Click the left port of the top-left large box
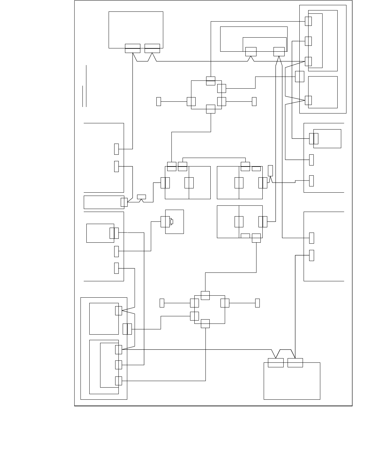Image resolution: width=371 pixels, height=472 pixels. click(132, 48)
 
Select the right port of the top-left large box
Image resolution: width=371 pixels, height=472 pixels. click(152, 48)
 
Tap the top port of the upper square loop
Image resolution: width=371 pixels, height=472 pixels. click(211, 81)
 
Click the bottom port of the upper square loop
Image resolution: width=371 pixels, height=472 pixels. click(211, 109)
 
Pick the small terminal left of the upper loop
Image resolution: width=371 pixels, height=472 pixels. click(159, 101)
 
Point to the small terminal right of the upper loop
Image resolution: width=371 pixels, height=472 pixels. click(254, 101)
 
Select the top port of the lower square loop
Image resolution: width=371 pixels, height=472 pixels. click(205, 295)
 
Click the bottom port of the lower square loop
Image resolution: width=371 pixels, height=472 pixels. click(205, 323)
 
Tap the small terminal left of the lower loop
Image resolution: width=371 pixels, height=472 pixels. click(162, 303)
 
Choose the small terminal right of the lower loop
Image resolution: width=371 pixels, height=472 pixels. click(257, 303)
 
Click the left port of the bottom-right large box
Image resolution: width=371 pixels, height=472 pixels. click(275, 363)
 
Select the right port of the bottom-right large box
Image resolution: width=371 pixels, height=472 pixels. click(295, 363)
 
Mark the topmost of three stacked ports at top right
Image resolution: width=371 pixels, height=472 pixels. click(308, 21)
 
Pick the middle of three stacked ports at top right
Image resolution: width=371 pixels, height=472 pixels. click(308, 41)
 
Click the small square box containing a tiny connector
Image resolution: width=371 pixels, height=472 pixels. click(174, 222)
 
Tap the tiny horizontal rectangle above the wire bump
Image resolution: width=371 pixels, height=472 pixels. click(141, 197)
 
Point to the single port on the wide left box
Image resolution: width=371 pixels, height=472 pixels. click(124, 202)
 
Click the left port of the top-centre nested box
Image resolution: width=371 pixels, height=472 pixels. click(251, 51)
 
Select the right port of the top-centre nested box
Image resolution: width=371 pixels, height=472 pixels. click(279, 51)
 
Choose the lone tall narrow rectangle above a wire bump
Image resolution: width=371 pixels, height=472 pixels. click(270, 170)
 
